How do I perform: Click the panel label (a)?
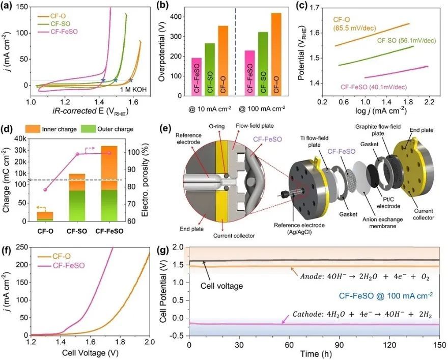9,7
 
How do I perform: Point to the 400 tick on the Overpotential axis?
175,17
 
